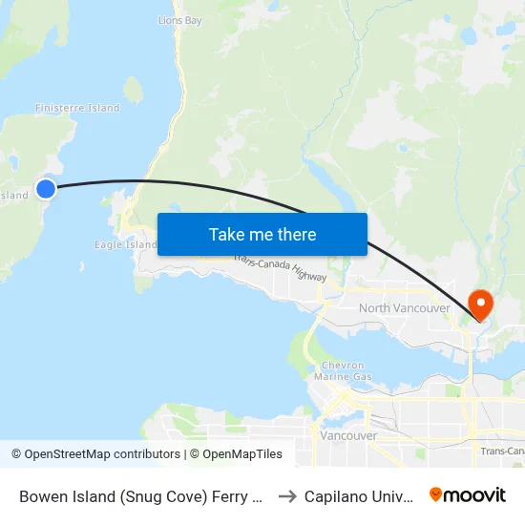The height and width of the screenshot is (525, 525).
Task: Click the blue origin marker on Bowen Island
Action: click(46, 189)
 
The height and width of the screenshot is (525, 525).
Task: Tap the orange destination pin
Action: click(481, 304)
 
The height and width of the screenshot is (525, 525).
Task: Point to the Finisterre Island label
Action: click(77, 108)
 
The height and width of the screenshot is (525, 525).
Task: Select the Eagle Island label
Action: click(125, 244)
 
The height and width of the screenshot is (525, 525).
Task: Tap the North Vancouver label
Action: click(404, 308)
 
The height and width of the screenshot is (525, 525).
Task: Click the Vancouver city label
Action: click(348, 435)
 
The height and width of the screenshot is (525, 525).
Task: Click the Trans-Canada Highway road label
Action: click(280, 267)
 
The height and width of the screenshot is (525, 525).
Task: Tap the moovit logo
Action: click(468, 494)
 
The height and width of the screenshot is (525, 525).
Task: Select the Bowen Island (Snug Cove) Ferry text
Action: click(139, 495)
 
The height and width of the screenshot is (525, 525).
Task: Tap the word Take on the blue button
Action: click(227, 235)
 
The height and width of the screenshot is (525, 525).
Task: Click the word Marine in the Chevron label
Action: click(343, 377)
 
